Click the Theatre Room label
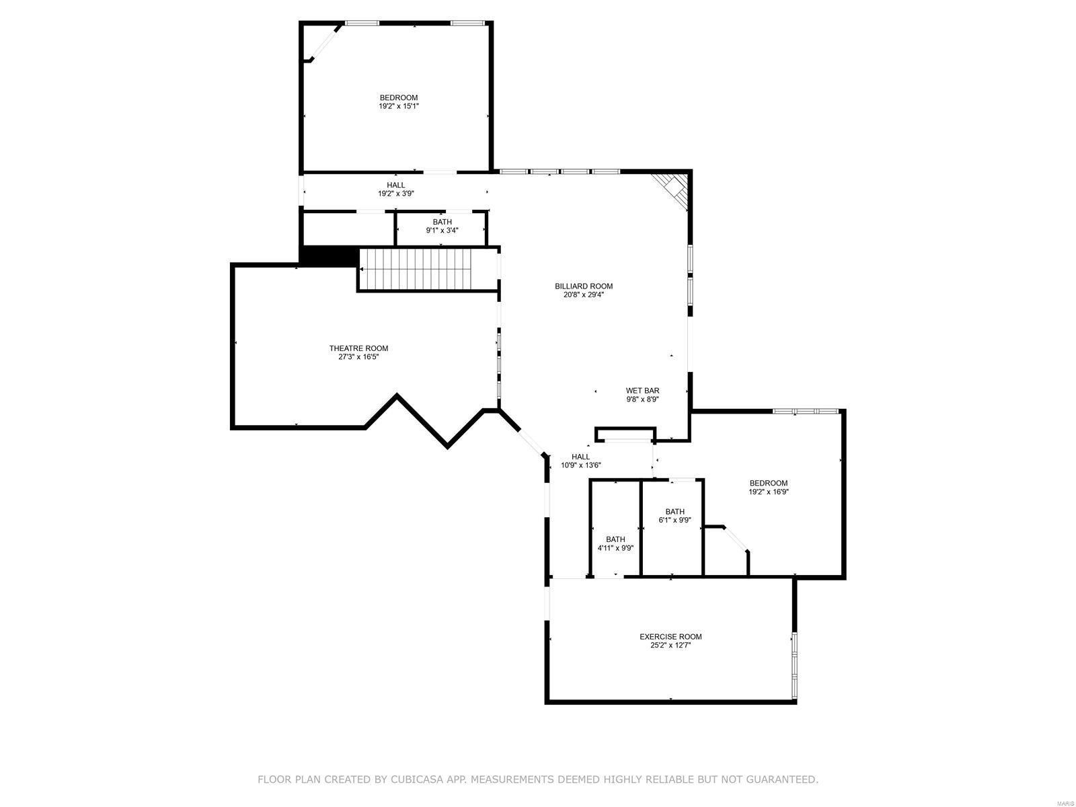[x=358, y=348]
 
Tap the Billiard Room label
[x=583, y=286]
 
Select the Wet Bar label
[x=642, y=390]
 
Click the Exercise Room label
[x=670, y=637]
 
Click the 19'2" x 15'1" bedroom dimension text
[x=399, y=106]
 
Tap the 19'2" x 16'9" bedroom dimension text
[x=769, y=492]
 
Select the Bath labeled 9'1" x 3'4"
[x=442, y=222]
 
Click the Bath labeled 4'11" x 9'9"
[x=615, y=539]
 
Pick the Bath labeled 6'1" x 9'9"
[x=675, y=511]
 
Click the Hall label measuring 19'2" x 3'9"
[x=395, y=185]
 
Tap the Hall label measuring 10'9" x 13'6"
[x=580, y=457]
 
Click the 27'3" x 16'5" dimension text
[x=358, y=357]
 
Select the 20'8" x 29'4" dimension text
[x=583, y=295]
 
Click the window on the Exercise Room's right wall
[x=794, y=664]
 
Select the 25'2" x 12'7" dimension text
[x=670, y=646]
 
